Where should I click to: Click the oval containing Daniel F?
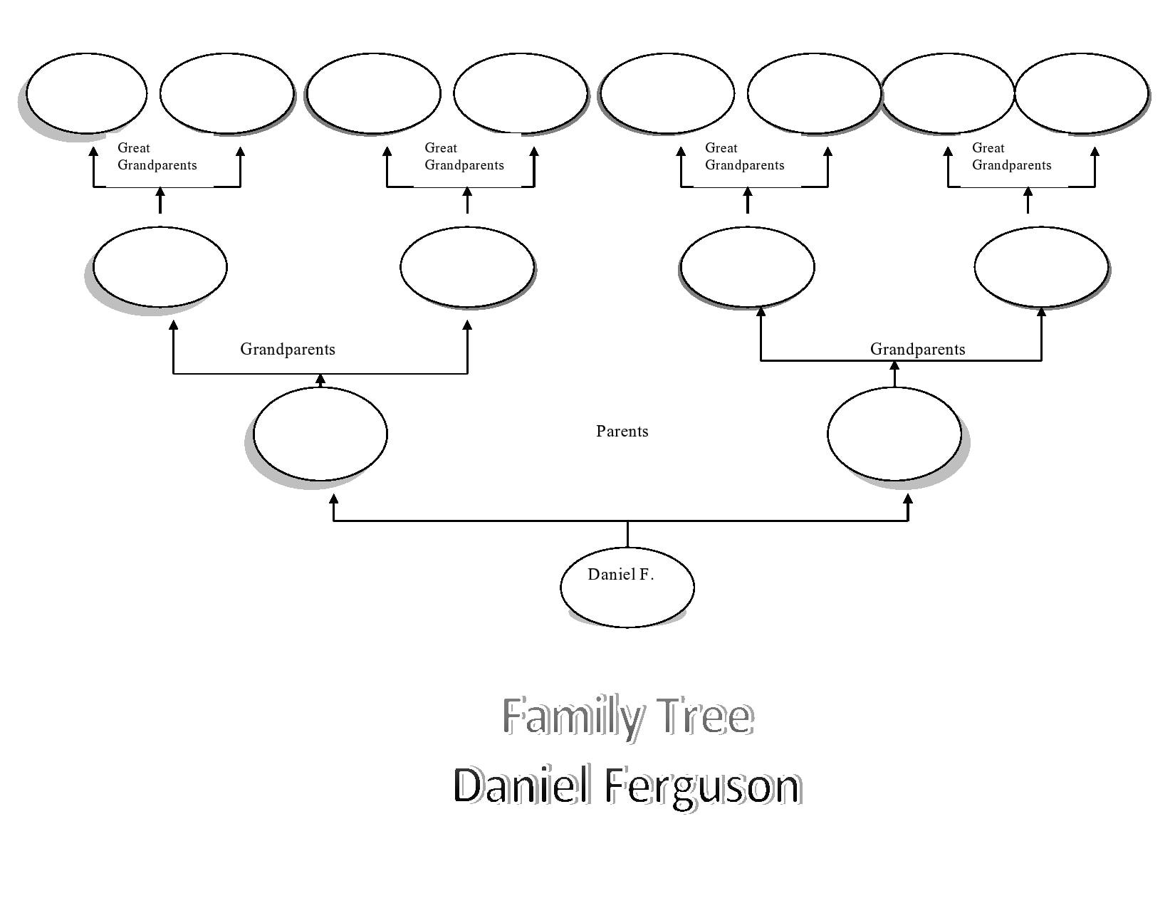(627, 588)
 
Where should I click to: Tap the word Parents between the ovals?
(622, 432)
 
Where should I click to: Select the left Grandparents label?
(287, 349)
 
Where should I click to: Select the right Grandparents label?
(917, 349)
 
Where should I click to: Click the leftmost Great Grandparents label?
(157, 157)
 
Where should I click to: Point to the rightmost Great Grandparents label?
(1011, 157)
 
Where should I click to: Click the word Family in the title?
(573, 716)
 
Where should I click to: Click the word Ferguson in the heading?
(702, 786)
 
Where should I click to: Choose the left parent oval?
(320, 434)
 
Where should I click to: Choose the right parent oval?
(894, 434)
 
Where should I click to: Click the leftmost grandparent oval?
(160, 267)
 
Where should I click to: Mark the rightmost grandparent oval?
(1041, 267)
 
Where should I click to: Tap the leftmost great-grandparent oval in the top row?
(86, 93)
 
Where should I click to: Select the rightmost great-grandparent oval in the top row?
(1081, 93)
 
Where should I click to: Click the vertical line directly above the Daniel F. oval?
(627, 534)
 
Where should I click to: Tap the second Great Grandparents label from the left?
(464, 157)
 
